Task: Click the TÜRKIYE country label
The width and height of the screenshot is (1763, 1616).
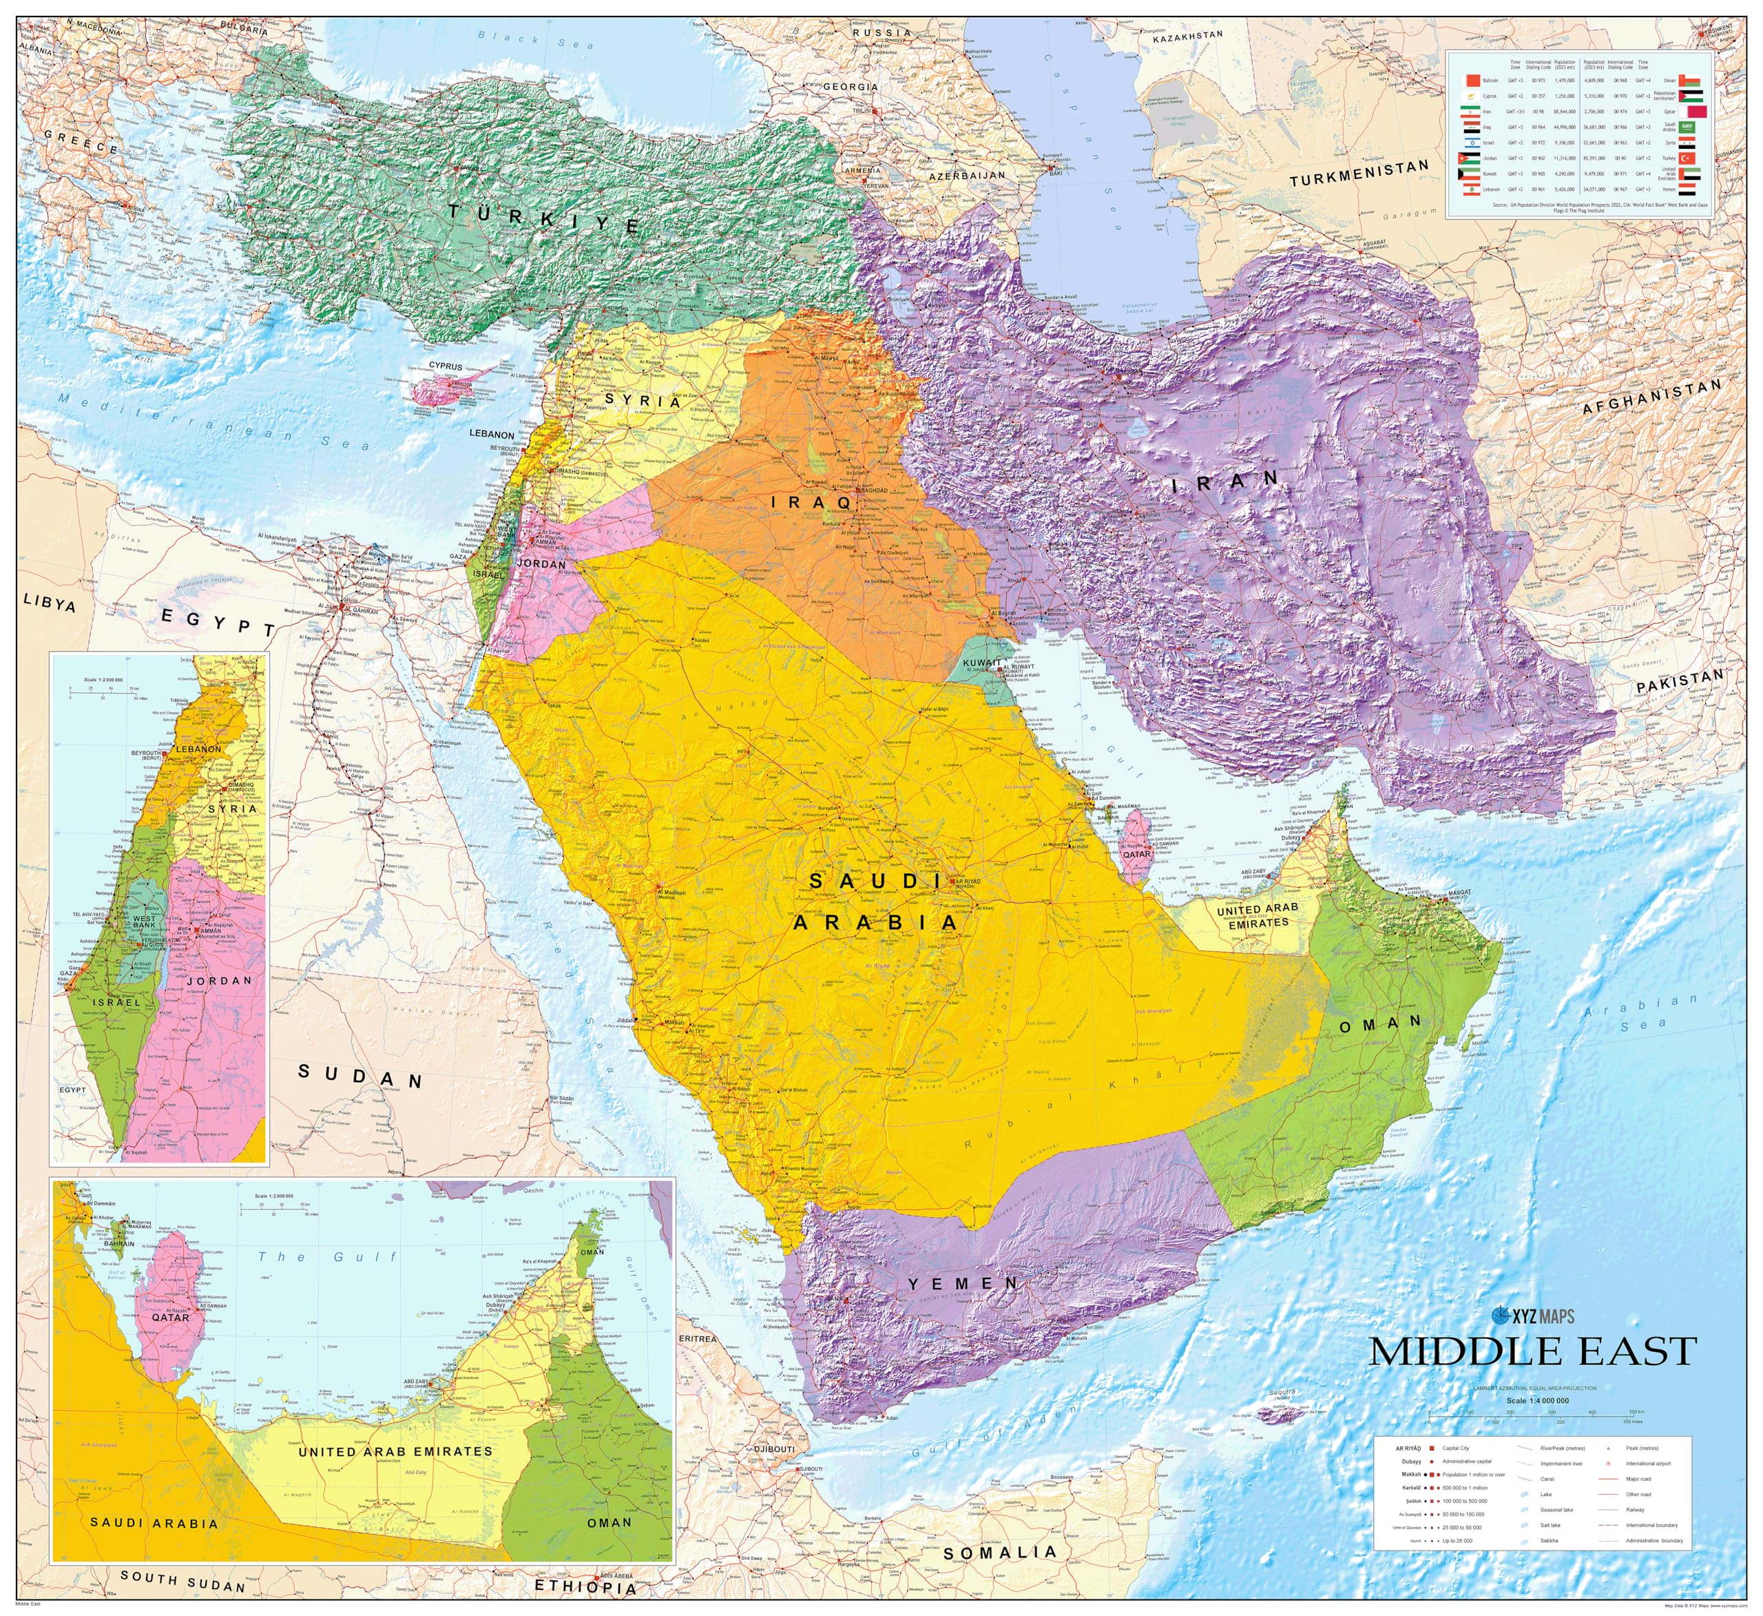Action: coord(544,218)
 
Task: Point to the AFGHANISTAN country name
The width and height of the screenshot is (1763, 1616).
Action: coord(1651,395)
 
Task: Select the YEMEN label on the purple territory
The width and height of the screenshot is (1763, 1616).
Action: coord(963,1283)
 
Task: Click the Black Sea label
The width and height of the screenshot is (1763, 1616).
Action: coord(535,39)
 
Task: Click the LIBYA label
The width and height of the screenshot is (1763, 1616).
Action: coord(50,602)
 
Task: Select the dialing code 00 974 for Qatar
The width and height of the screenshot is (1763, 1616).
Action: coord(1620,112)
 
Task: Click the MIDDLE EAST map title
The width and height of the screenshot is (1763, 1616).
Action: coord(1532,1351)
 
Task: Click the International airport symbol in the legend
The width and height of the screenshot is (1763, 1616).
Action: coord(1608,1464)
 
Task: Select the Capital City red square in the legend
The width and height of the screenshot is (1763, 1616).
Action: coord(1432,1449)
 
